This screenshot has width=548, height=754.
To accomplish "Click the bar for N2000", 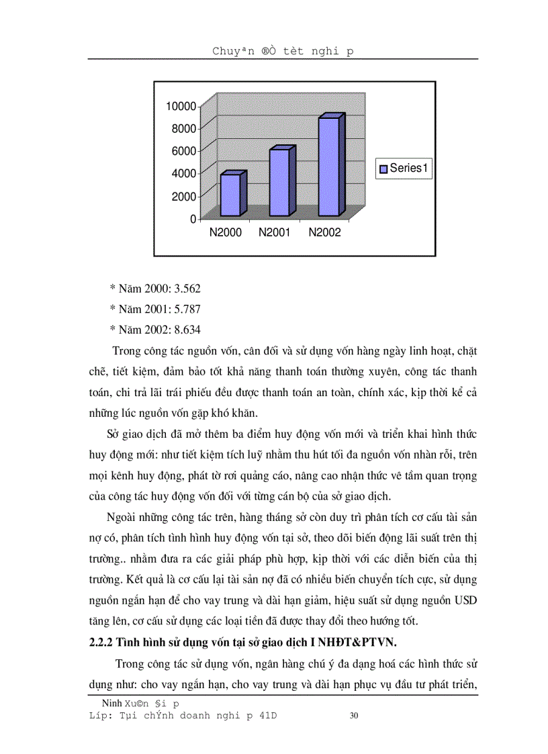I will tap(230, 195).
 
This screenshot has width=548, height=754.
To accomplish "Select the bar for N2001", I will tap(279, 183).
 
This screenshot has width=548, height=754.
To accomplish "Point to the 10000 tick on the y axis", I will tap(181, 106).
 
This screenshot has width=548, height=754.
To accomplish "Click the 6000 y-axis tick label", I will tap(184, 151).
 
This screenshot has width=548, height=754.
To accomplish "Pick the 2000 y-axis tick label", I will tap(184, 196).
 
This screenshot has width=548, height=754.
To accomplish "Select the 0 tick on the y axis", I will tap(193, 219).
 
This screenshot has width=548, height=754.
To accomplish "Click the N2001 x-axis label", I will tap(275, 233).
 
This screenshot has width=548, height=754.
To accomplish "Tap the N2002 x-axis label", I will tap(325, 233).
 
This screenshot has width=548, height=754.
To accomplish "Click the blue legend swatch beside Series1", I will tap(383, 169).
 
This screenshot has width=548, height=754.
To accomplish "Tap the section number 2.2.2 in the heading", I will tap(102, 641).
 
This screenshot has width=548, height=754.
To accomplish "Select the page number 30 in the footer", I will tap(355, 716).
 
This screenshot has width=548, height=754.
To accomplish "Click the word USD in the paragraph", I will tap(465, 600).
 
